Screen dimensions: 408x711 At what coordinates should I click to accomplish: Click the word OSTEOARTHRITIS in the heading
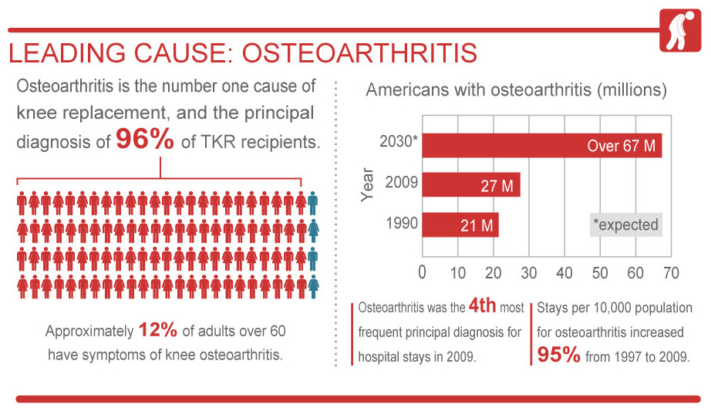(359, 54)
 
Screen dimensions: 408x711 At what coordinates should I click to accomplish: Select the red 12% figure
(158, 331)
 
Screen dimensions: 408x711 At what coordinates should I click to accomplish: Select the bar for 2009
(470, 185)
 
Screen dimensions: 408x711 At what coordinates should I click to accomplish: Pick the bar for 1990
(460, 224)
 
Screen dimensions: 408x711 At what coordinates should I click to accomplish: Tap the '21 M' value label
(471, 224)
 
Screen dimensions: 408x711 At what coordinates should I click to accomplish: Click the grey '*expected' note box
(625, 224)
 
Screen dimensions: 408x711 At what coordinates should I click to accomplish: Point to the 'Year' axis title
(369, 184)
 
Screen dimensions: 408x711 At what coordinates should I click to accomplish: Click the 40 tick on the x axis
(564, 272)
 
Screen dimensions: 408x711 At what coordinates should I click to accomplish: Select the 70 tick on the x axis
(671, 272)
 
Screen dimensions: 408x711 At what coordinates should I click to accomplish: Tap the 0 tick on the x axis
(422, 272)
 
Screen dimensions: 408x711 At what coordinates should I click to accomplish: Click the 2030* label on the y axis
(399, 143)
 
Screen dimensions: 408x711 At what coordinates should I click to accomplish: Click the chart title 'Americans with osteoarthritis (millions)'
(516, 89)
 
